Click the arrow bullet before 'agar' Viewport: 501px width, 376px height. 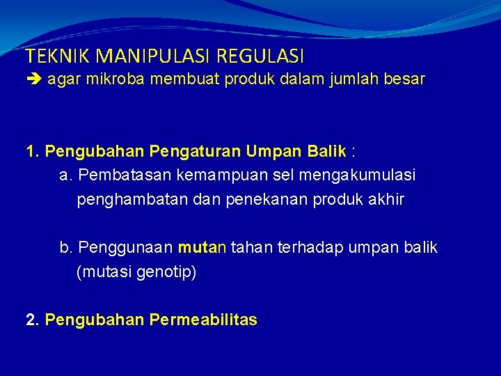pos(33,79)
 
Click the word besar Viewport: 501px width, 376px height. pos(404,79)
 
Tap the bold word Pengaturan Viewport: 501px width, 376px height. pos(189,152)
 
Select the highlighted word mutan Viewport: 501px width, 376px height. pos(202,248)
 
